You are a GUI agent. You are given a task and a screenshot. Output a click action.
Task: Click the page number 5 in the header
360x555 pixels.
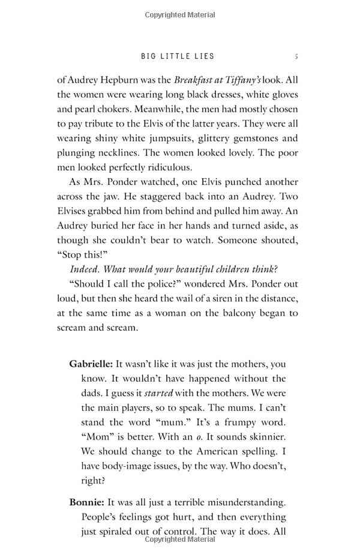point(296,56)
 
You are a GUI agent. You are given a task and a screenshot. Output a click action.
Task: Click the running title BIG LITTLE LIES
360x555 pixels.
point(178,56)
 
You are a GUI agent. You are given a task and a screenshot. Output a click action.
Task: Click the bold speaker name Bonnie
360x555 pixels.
point(84,502)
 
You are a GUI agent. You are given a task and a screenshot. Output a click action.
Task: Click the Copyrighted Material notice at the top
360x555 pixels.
point(180,15)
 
